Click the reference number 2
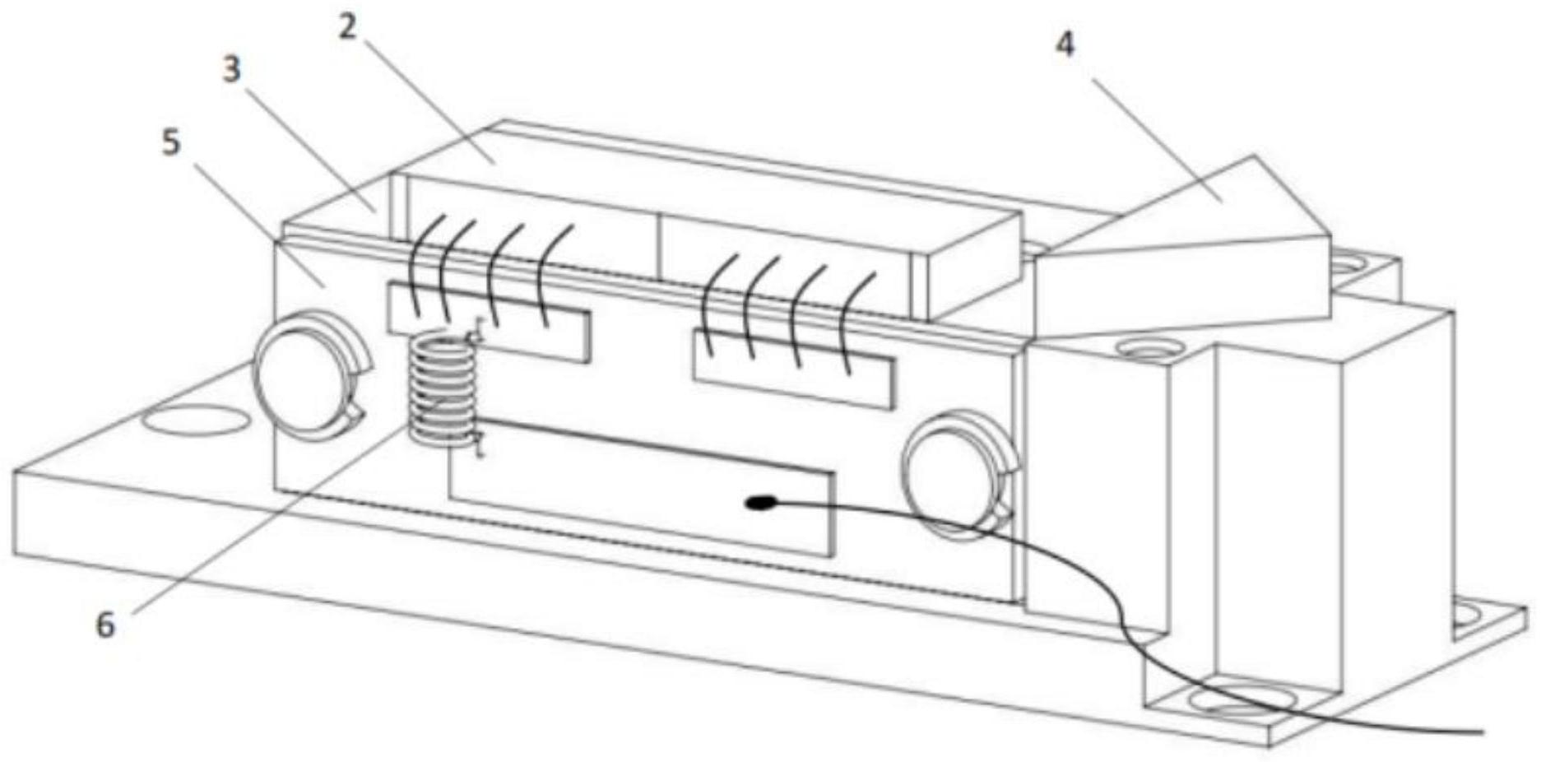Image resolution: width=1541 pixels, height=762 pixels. coord(348,26)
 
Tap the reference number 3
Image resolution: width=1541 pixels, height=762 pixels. coord(232,70)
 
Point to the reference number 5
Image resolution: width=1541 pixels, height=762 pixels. coord(170,142)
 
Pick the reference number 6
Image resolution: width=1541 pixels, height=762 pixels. coord(105,625)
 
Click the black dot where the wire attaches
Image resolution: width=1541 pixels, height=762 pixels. coord(758,502)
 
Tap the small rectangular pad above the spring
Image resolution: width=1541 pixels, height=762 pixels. coord(490,322)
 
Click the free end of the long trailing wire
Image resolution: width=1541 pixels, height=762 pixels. coord(1481,729)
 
